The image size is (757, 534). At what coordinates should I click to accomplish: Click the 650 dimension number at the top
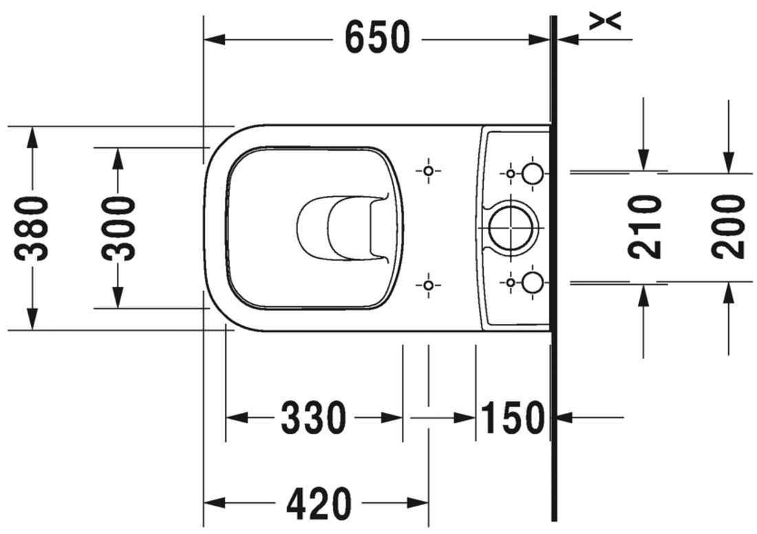coord(377,39)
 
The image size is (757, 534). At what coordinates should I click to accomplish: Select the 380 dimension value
coord(33,228)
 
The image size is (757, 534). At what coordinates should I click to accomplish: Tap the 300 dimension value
coord(118,228)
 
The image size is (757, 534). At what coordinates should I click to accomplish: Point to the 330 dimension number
coord(313,418)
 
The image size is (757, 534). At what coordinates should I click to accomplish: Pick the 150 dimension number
coord(513,418)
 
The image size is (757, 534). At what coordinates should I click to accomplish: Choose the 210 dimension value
coord(646,226)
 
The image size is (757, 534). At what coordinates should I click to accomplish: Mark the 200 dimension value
coord(729,226)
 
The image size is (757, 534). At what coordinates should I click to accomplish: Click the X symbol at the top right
coord(606,21)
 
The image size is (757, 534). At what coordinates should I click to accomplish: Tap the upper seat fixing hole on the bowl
coord(428,171)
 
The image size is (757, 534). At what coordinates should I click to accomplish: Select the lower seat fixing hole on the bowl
coord(428,284)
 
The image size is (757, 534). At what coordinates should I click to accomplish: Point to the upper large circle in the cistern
coord(532,173)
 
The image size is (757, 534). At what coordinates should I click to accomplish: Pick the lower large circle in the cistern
coord(532,281)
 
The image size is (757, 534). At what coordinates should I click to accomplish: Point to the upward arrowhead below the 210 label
coord(643,295)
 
